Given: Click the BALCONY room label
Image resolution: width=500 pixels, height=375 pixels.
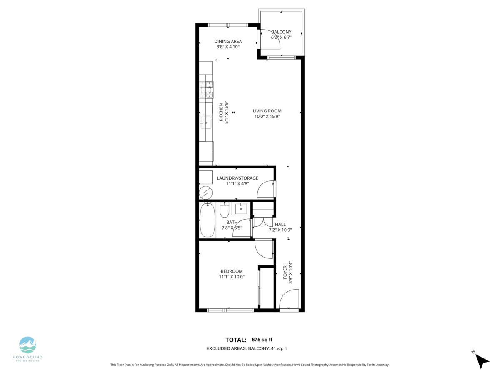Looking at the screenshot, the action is click(x=281, y=32).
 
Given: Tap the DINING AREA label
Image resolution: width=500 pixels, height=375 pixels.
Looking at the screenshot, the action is click(x=228, y=41).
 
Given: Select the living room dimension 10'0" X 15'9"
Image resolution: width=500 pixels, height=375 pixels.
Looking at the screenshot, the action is click(x=267, y=117).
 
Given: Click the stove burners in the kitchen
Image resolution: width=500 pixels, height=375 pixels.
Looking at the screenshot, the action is click(x=206, y=90).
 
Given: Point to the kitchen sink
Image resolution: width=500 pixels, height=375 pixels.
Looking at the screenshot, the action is click(x=206, y=122).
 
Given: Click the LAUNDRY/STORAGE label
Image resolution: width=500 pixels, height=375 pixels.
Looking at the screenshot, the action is click(x=237, y=178).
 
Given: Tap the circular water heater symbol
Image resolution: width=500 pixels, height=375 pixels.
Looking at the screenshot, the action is click(x=206, y=193).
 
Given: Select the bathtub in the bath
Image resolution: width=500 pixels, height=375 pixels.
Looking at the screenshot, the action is click(x=207, y=220).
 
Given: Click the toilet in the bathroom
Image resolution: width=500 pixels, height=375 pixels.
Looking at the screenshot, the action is click(x=224, y=210).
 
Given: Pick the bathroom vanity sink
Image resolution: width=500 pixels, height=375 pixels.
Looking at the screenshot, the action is click(x=241, y=209).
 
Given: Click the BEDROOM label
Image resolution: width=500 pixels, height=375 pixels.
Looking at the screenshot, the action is click(x=232, y=271).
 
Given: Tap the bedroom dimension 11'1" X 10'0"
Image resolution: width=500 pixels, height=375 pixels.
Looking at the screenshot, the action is click(x=232, y=277).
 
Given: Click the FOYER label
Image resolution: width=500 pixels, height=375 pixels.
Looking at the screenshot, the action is click(x=285, y=272).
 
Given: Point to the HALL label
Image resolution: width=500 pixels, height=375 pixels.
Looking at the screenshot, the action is click(x=280, y=224).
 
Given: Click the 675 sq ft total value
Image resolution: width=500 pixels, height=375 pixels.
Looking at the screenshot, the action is click(x=262, y=340).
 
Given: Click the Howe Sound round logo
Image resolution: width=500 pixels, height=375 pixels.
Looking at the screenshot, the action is click(x=27, y=345).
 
